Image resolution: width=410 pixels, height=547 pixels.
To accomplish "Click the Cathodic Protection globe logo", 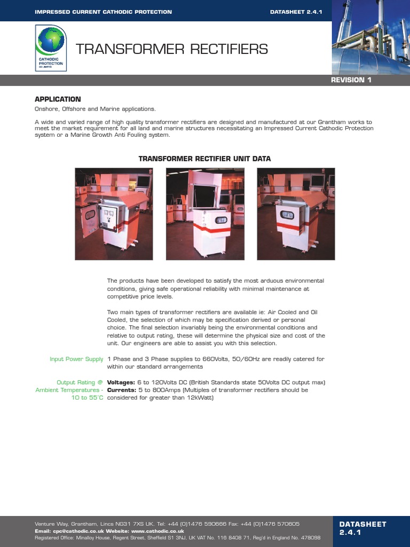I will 50,49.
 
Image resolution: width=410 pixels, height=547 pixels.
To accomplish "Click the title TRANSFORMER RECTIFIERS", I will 171,50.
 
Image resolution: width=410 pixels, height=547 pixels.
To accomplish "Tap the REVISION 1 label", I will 351,80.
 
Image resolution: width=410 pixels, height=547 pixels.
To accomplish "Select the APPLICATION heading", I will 58,99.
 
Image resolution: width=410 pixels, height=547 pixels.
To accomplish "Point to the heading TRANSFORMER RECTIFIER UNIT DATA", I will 204,159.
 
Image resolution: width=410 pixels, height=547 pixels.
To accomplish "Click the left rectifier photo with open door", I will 114,214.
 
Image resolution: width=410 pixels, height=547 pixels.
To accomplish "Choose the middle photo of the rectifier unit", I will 205,214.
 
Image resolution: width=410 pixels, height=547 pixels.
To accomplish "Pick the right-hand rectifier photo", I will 296,214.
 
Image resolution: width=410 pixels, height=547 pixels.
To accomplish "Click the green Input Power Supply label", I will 76,360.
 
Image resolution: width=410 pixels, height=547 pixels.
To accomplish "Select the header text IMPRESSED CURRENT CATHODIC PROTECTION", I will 103,12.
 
